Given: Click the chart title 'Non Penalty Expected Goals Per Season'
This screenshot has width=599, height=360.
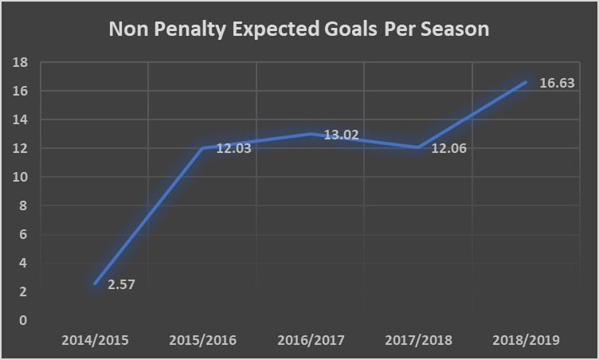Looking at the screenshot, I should pos(299,30).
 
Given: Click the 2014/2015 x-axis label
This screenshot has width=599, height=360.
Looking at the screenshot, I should pos(95,340).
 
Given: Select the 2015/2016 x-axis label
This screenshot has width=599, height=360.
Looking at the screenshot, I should pos(203,340).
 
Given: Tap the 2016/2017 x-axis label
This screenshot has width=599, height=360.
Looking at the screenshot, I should pos(311,340).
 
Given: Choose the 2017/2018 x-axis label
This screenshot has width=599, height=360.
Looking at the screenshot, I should pos(418,340).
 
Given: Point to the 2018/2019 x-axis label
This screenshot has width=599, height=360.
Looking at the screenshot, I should pos(527,340).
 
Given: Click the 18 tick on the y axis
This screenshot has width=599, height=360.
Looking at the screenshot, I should pos(22,63).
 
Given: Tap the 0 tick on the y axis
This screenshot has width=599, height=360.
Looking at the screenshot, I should pos(24,320).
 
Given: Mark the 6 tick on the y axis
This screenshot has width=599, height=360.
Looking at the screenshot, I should pos(24,234).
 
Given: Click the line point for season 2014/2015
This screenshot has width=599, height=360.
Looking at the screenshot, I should pos(96,283).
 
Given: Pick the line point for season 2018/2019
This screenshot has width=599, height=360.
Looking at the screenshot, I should pos(526,81).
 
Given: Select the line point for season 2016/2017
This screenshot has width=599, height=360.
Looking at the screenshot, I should pos(311,133).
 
